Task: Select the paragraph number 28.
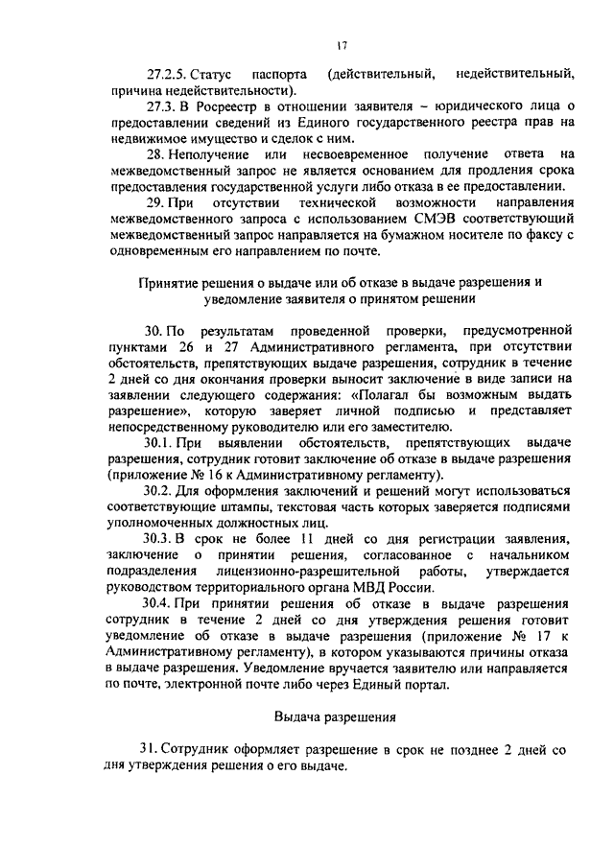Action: point(154,153)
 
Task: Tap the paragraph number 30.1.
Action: point(158,442)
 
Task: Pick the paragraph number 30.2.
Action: point(158,492)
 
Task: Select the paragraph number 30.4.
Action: point(158,607)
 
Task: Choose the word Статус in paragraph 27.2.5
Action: point(213,73)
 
